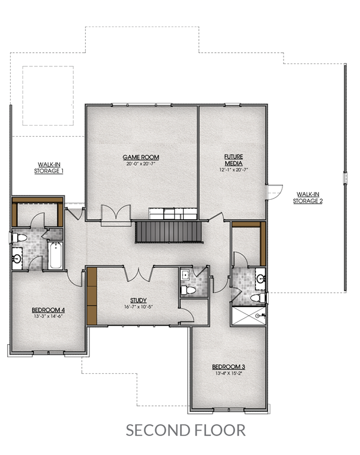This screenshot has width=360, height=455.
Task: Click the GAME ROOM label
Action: click(141, 157)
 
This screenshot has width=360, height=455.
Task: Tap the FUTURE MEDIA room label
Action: click(233, 160)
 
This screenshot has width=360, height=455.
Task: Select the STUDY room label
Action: click(139, 300)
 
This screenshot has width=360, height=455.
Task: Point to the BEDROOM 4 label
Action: click(48, 310)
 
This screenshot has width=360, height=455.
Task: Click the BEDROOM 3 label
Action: click(229, 367)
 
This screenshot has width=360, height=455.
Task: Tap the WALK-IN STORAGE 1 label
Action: click(49, 168)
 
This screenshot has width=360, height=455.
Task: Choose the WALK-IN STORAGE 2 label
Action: click(308, 198)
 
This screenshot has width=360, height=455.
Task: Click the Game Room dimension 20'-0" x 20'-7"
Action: click(141, 164)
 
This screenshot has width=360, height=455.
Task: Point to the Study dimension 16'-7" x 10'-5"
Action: click(139, 307)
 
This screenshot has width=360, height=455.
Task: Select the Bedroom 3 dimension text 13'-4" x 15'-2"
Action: click(229, 373)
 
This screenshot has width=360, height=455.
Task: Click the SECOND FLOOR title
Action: click(186, 430)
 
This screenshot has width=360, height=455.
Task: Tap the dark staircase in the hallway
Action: click(169, 232)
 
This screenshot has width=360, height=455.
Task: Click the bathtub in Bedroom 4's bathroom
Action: click(56, 256)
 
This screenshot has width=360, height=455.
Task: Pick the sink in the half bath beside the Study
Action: click(185, 275)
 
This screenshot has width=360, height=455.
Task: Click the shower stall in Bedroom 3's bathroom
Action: click(248, 316)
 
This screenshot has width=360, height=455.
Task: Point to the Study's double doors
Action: click(139, 274)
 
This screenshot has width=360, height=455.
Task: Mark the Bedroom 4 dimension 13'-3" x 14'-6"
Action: click(48, 316)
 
